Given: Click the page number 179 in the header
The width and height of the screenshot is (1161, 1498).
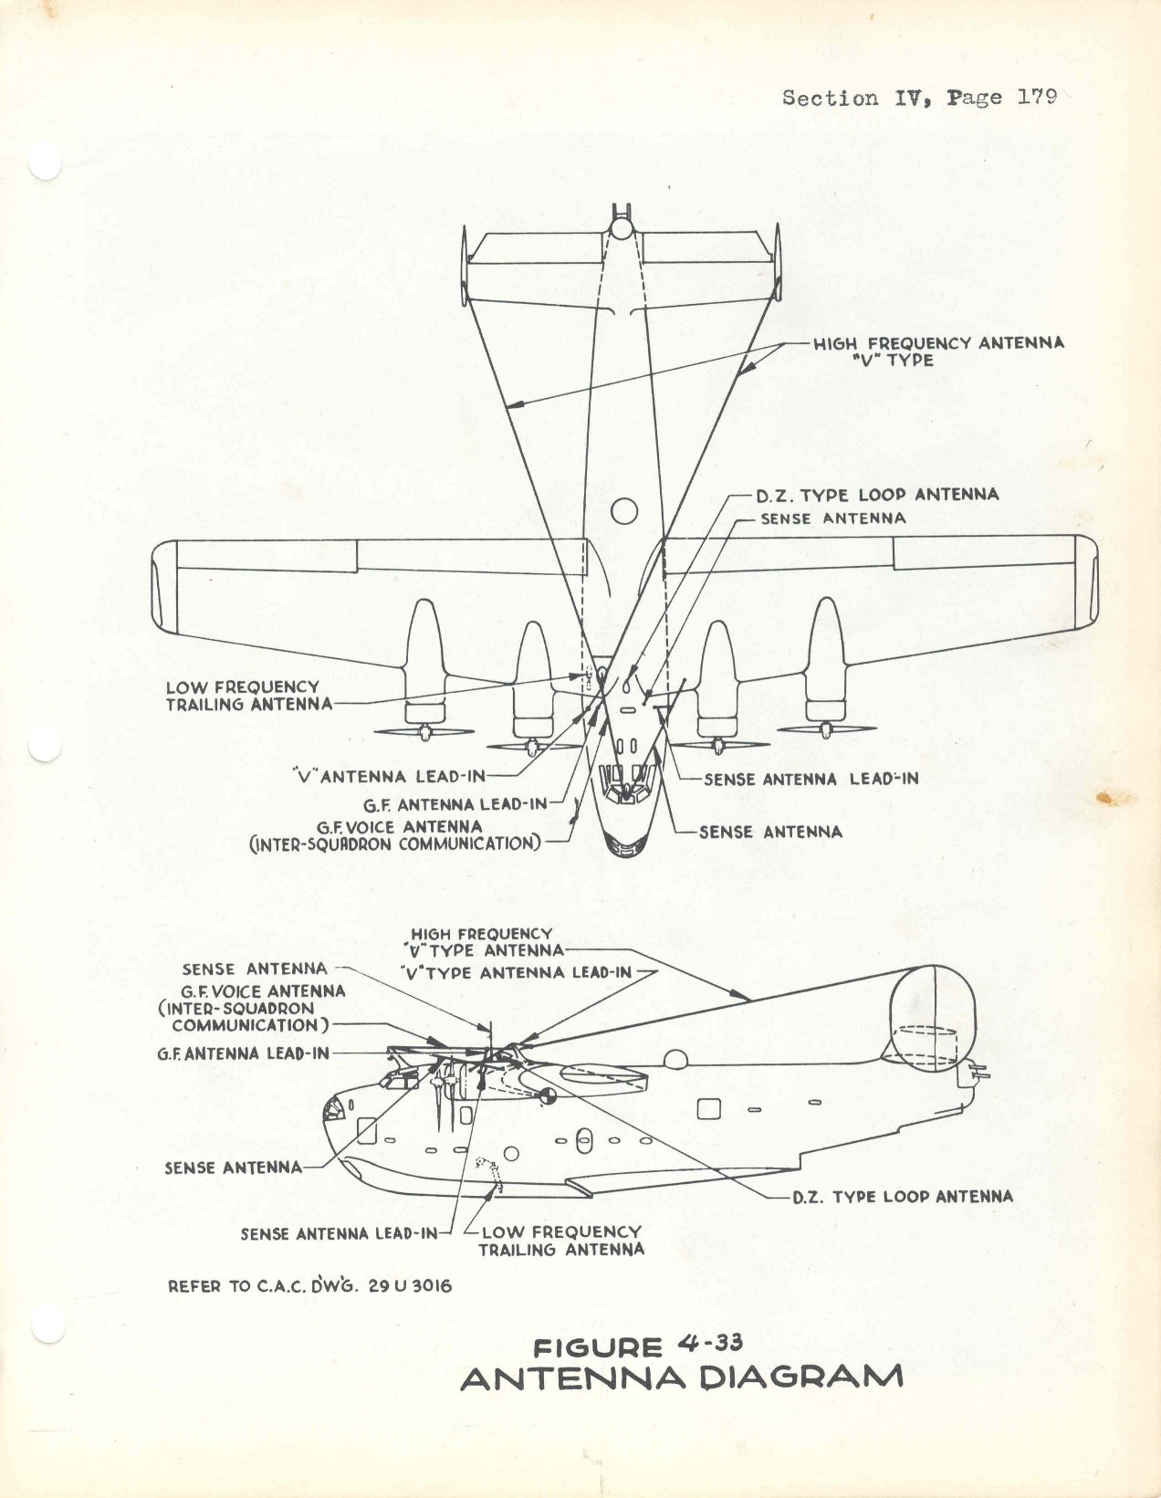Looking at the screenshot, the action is pos(1037,97).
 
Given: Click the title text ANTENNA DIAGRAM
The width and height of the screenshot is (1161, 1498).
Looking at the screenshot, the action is pos(682,1378).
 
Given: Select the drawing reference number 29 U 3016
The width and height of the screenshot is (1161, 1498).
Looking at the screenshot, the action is pos(410,1285).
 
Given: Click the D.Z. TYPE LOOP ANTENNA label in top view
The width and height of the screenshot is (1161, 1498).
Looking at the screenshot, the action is pos(877,494).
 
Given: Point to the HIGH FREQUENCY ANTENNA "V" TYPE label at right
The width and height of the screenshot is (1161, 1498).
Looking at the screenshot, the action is pos(938,351).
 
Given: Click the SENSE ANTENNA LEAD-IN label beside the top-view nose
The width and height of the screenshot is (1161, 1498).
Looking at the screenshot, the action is pos(811,779).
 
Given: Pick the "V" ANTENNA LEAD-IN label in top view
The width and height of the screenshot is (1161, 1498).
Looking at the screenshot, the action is pos(390,776).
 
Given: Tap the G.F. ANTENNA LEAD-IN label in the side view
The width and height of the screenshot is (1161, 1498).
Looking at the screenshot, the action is pos(243,1053).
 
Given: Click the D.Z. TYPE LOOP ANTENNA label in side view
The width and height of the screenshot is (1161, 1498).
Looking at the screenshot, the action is pos(903,1196).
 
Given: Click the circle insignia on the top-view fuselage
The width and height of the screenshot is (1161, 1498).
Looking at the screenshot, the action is pos(624,511).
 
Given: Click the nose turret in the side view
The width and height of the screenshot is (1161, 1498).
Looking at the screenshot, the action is pos(336,1108).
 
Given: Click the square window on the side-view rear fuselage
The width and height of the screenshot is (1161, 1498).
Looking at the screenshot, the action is pos(709,1108).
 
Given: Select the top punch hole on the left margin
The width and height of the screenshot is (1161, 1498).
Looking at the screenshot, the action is pos(45,164).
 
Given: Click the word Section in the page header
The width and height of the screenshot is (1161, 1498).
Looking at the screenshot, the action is pos(831,97).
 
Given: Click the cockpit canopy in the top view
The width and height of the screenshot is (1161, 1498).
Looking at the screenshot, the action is pos(625,784).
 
